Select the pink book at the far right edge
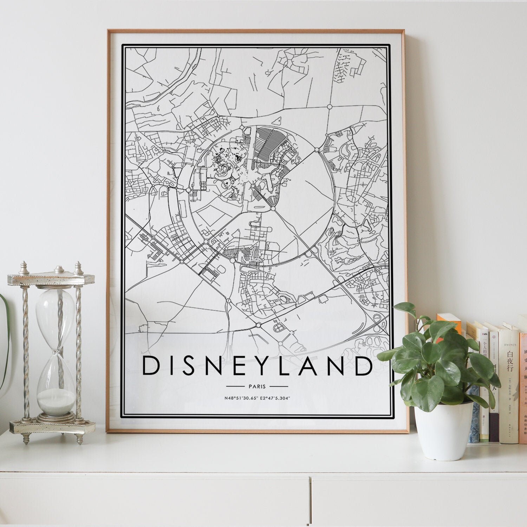[523, 386]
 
